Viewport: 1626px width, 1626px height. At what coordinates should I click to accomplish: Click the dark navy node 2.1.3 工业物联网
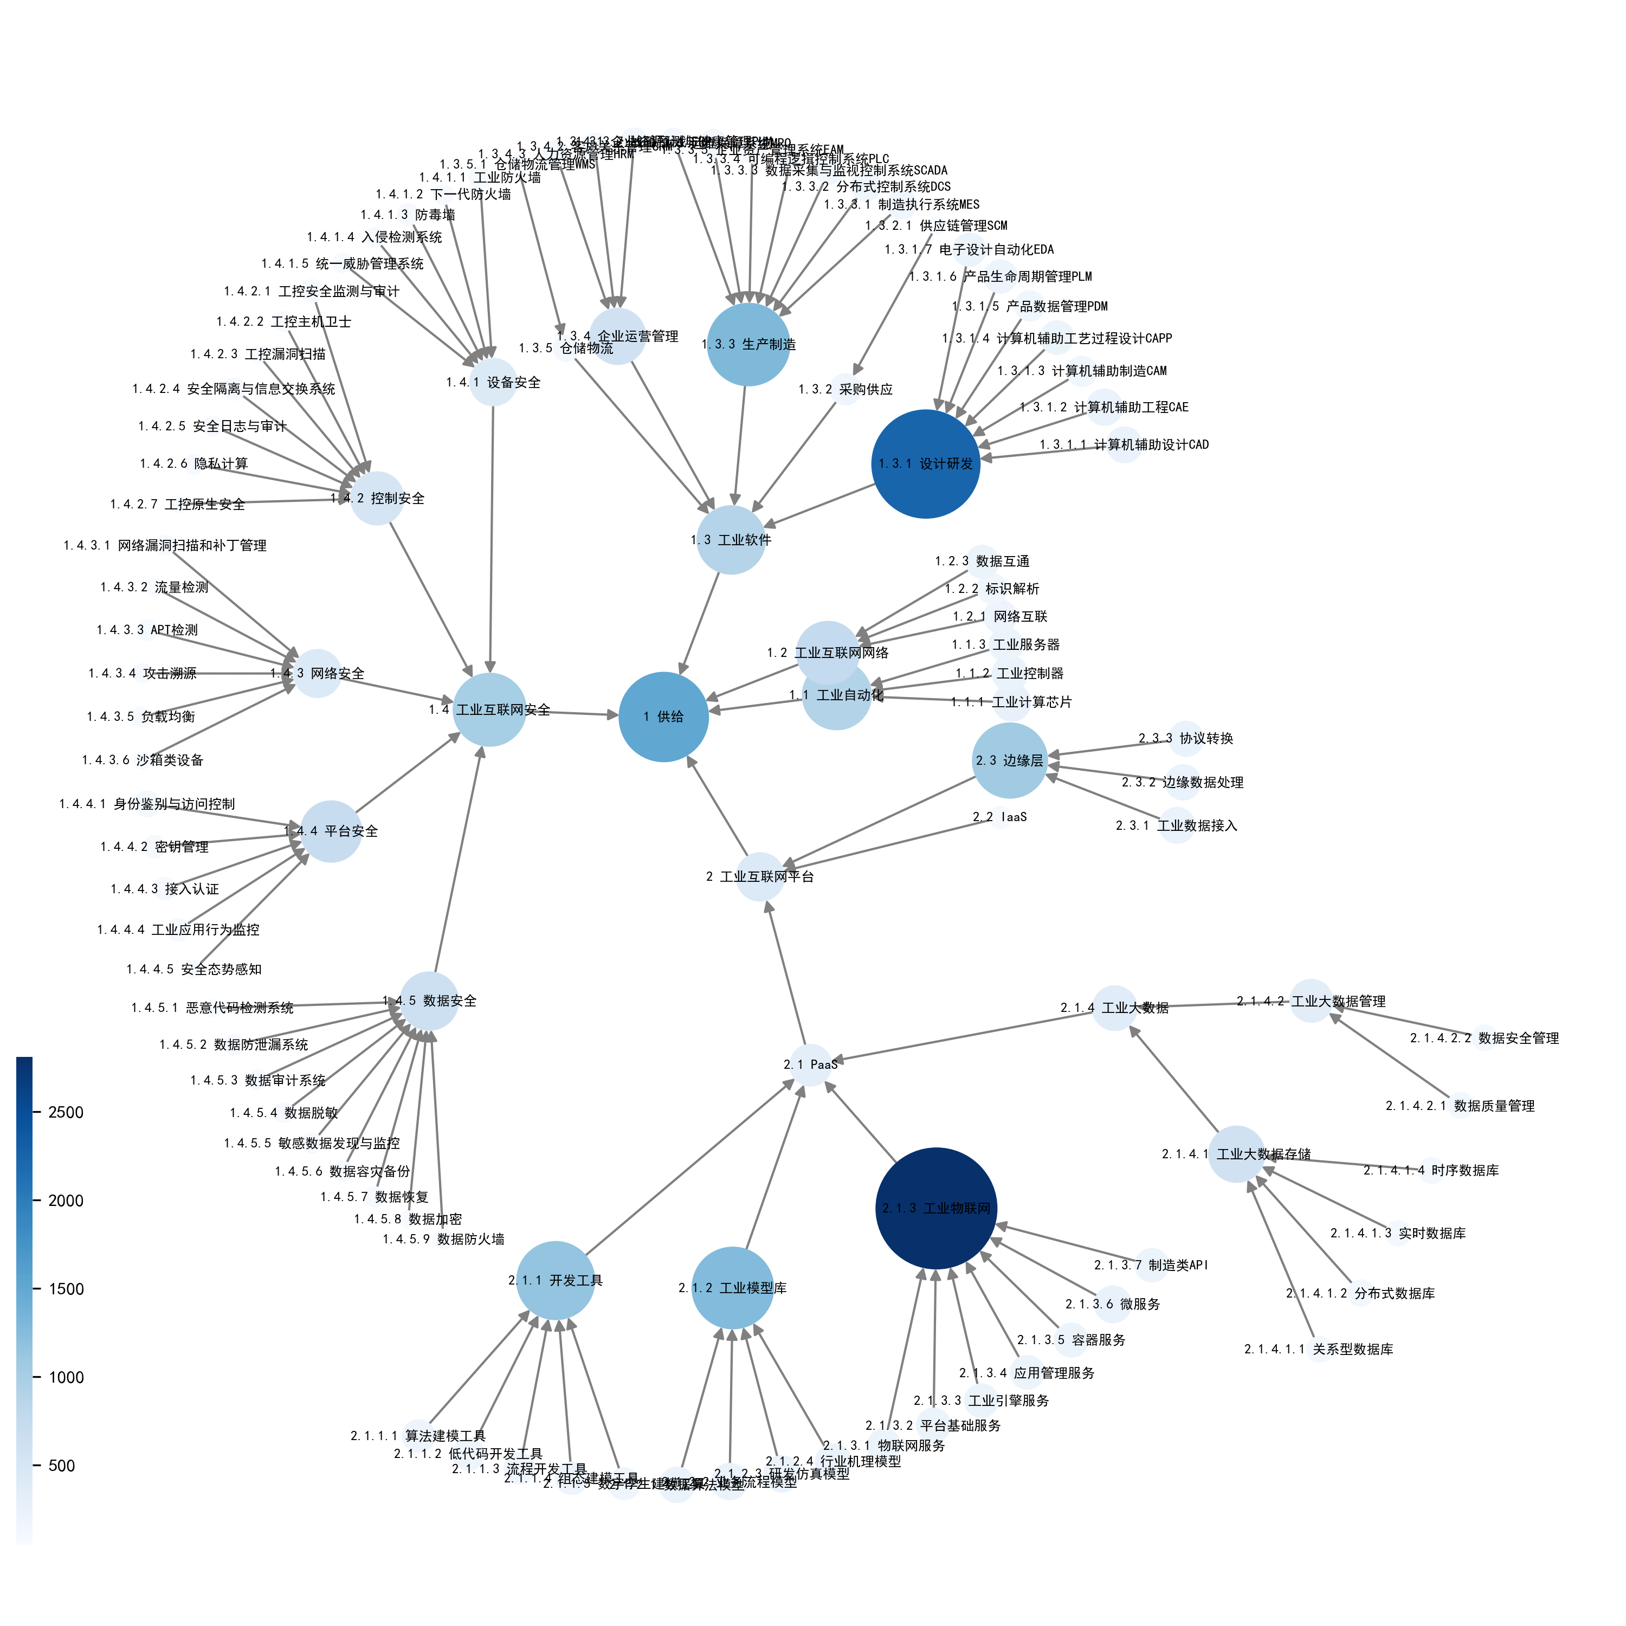pos(936,1208)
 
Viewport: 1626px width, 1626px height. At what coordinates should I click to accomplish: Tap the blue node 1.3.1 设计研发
pos(926,464)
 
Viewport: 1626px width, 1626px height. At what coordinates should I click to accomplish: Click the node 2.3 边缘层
pos(1009,760)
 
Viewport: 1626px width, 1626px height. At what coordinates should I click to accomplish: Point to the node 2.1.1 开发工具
pos(556,1280)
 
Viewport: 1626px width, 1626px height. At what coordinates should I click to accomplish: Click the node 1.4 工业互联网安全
pos(489,709)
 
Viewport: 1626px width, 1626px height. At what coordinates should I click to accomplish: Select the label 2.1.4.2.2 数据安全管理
pos(1484,1038)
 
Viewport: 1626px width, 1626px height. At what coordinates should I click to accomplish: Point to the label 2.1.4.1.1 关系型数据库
pos(1318,1349)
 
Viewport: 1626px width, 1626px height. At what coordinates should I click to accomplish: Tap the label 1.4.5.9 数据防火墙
pos(443,1239)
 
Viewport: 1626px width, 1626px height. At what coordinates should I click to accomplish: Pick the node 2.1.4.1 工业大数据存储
pos(1236,1154)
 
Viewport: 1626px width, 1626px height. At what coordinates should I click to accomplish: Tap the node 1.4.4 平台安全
pos(331,831)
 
